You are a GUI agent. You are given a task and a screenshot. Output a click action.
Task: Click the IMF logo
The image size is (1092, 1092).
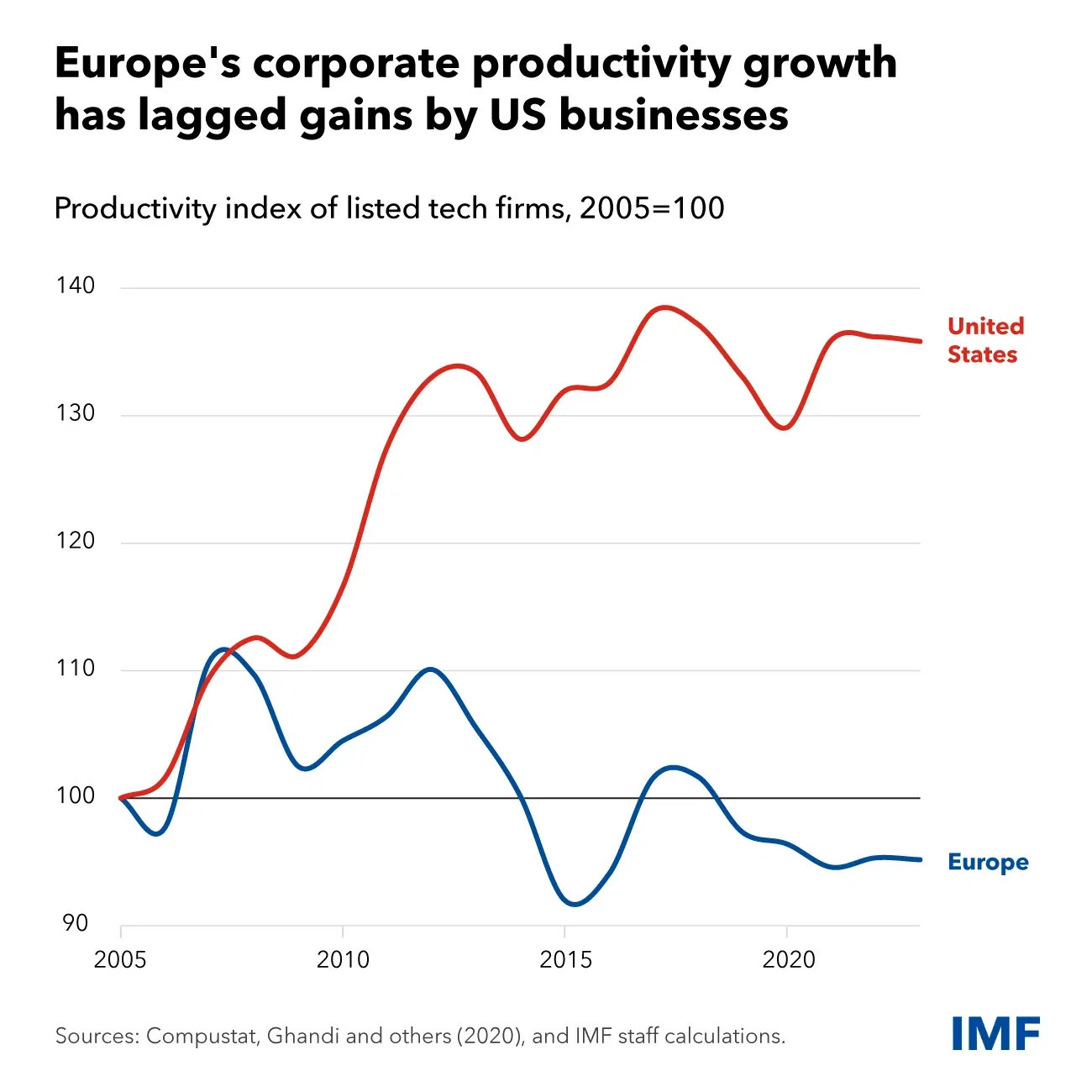pos(995,1033)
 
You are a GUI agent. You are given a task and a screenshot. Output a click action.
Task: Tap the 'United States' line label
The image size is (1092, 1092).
pos(984,340)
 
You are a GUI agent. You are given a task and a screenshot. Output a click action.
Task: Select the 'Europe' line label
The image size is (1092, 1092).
pos(988,863)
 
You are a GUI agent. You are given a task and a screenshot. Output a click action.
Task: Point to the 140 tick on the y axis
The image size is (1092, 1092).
pos(76,286)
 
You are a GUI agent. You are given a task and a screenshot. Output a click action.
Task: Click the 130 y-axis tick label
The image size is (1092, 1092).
pos(76,413)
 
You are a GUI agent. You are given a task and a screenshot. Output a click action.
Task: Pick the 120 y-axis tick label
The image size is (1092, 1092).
pos(76,541)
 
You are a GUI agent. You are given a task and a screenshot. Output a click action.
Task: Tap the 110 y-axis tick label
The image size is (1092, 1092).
pos(76,669)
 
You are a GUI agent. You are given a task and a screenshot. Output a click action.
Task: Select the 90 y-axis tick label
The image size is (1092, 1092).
pos(75,923)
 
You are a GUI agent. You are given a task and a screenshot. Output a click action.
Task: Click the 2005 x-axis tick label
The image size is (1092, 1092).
pos(120,959)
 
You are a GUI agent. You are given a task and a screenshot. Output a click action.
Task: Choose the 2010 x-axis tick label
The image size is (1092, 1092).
pos(343,959)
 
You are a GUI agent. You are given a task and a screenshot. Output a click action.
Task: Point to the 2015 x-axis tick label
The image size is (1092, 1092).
pos(565,959)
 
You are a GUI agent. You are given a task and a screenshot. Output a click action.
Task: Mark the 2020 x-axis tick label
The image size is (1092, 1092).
pos(788,959)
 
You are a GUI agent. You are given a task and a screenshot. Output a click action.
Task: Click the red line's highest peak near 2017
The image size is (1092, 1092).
pos(664,307)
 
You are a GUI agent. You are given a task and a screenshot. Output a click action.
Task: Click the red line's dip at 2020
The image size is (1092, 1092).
pos(784,428)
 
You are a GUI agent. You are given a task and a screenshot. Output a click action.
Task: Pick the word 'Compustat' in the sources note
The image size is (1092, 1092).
pos(201,1036)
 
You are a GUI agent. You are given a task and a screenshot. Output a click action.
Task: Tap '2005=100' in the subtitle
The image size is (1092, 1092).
pos(652,207)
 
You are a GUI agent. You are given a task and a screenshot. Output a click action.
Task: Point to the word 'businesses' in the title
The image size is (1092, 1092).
pos(674,116)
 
